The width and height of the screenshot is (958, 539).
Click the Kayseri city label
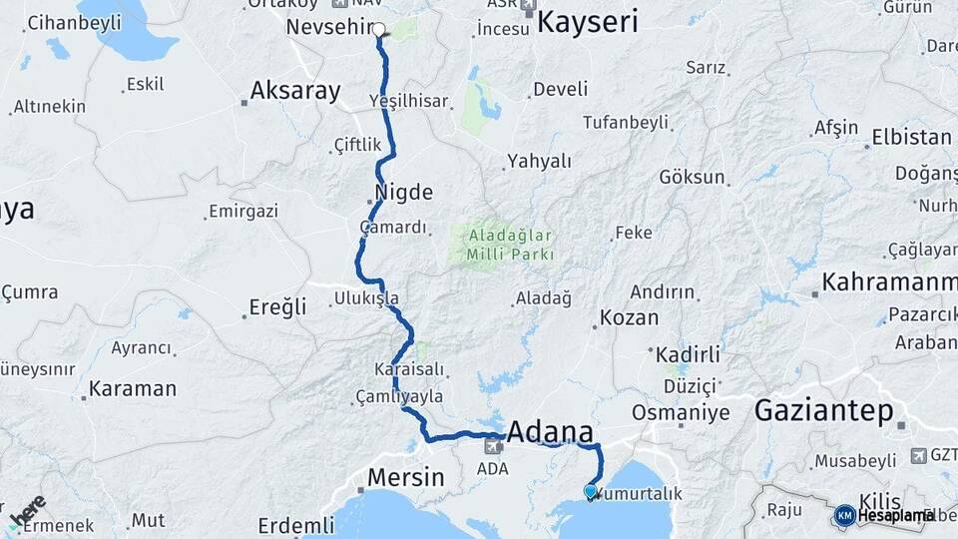pos(587,22)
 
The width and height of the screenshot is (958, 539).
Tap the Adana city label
pos(550,432)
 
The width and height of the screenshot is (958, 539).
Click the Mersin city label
pos(405,477)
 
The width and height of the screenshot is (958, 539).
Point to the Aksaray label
pos(294,91)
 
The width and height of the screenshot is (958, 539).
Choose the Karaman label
pos(132,388)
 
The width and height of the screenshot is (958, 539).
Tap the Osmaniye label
pos(681,412)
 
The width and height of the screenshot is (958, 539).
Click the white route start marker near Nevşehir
pos(379,29)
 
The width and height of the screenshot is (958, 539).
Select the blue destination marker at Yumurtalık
pos(590,491)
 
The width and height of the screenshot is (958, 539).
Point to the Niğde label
pos(404,192)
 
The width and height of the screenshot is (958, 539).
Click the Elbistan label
pos(910,137)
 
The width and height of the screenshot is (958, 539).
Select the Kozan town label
pos(630,318)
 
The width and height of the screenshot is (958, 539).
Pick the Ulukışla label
pos(366,297)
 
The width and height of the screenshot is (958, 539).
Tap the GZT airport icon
pos(918,455)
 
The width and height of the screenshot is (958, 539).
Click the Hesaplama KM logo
pos(845,515)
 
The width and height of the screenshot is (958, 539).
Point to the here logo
pos(27,511)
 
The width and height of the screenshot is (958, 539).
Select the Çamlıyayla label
pos(399,396)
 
